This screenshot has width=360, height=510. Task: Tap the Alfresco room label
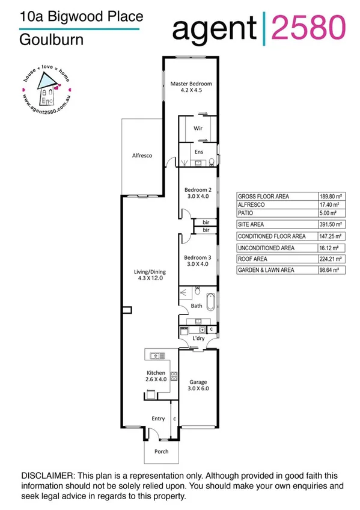pos(142,156)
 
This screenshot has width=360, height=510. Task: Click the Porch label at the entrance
pos(161,452)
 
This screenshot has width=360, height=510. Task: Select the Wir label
pos(198,129)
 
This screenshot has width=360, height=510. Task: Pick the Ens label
pos(198,153)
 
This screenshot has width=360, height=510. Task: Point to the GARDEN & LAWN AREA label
pos(266,271)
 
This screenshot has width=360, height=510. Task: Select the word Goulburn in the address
pos(43,41)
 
